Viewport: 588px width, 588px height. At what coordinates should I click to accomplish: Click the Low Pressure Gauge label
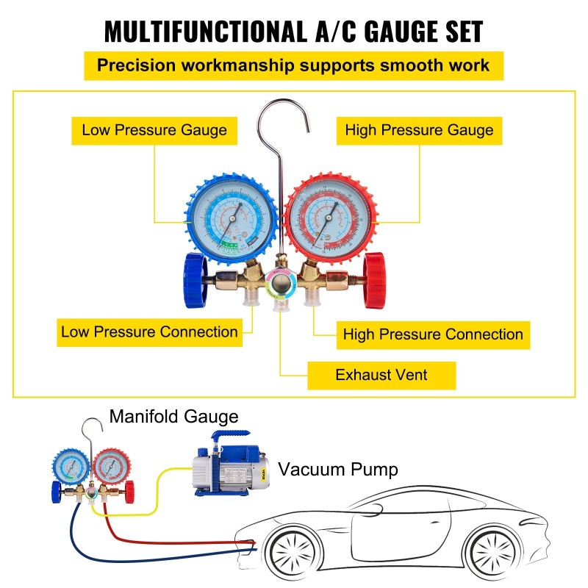coord(154,131)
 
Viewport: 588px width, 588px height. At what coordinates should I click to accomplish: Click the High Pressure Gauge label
coord(419,131)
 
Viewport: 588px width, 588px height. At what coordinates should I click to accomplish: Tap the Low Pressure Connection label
coord(149,331)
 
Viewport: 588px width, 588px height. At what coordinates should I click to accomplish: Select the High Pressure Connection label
coord(433,334)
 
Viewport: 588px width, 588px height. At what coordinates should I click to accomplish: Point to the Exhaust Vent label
coord(381,375)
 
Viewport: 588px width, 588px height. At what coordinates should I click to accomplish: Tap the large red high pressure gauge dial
coord(329,216)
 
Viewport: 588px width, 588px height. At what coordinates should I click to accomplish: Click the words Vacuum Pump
coord(338,469)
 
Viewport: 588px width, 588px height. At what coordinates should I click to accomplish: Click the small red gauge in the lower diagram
coord(108,467)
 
